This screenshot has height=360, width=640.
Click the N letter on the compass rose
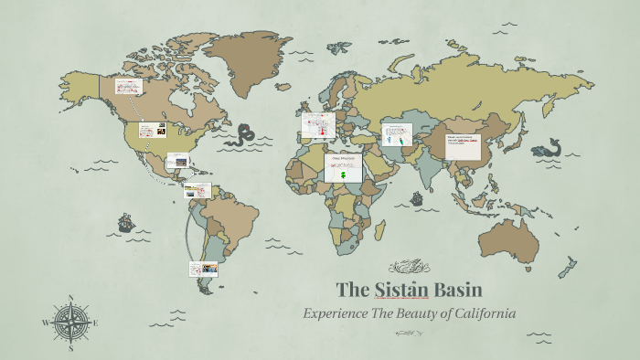point(71,298)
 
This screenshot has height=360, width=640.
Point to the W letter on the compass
point(46,323)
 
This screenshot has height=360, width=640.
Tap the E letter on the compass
point(96,323)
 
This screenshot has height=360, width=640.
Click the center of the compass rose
point(71,323)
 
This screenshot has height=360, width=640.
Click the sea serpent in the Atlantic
point(244,136)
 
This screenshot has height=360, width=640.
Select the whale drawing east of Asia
point(551,147)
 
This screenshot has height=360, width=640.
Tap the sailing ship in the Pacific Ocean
point(125,222)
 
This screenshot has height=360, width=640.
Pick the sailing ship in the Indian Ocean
point(416,197)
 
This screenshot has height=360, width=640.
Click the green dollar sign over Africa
point(343,173)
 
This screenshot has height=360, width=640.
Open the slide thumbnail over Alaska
point(128,87)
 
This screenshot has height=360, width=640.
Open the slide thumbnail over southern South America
point(202,269)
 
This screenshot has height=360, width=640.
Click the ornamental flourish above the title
point(409,267)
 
